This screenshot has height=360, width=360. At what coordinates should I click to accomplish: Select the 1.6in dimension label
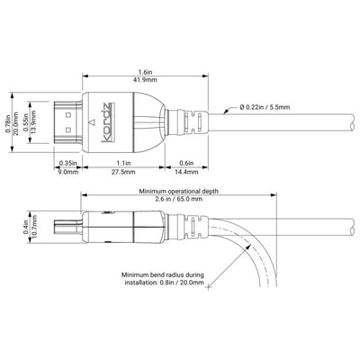pos(146,72)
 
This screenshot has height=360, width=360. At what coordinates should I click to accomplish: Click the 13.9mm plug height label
pos(33,122)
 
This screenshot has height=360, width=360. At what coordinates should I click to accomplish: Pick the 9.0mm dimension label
pos(67,172)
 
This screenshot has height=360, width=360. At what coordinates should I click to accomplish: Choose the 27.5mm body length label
pos(124,172)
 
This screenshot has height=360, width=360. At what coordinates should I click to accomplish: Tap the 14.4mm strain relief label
pos(186,172)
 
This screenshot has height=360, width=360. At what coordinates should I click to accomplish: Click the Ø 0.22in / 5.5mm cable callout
pos(265,107)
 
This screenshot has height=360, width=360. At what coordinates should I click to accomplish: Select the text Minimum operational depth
pos(178,191)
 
